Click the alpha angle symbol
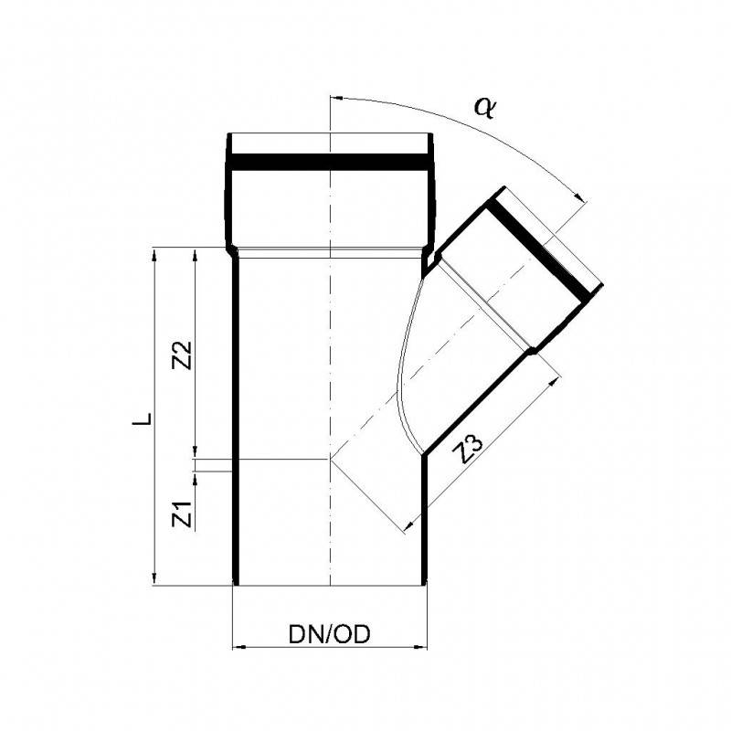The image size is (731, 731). point(484,107)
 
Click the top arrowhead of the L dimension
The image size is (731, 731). point(154,252)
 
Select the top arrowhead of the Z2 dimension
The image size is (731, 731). point(195,252)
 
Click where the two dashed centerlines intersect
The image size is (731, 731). point(329,459)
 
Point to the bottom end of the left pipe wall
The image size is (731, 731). point(237,582)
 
